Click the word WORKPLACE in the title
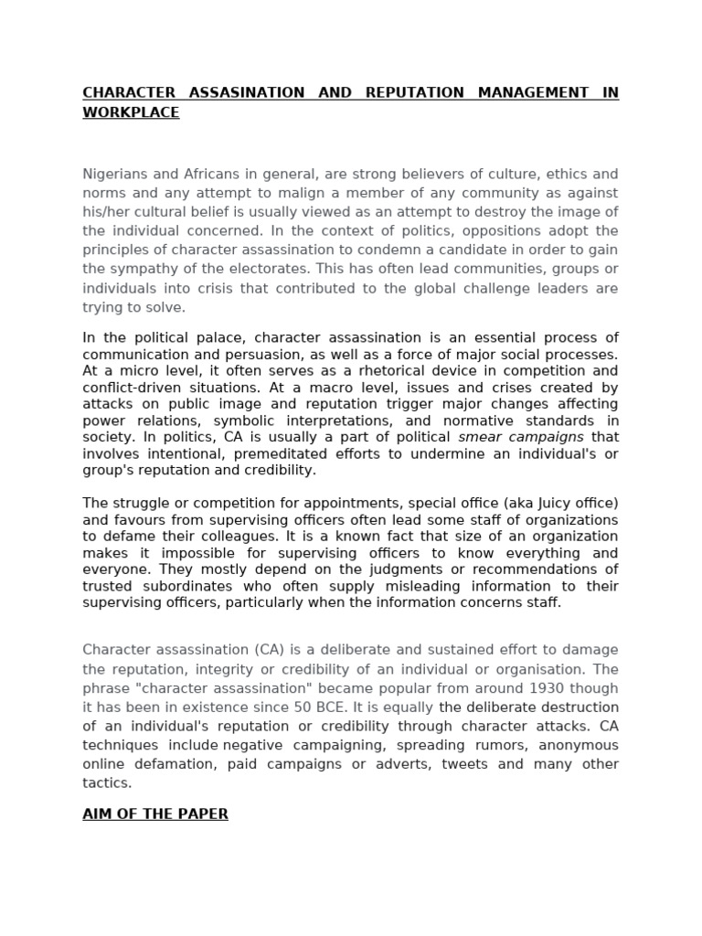tap(131, 112)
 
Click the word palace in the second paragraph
tap(197, 338)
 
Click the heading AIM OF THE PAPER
tap(155, 814)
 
